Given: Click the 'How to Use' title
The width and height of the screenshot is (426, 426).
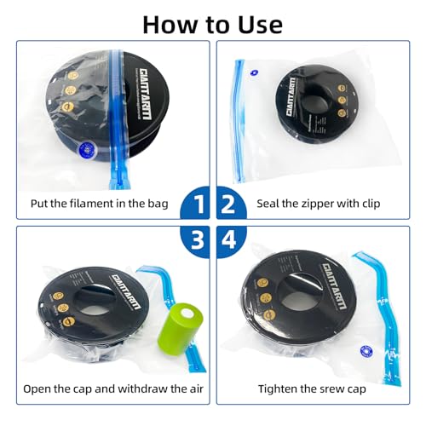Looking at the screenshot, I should pyautogui.click(x=212, y=22).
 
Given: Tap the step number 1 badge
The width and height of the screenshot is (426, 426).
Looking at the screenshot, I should pyautogui.click(x=199, y=204).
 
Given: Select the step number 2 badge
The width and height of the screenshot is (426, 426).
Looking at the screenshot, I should pyautogui.click(x=227, y=204).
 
